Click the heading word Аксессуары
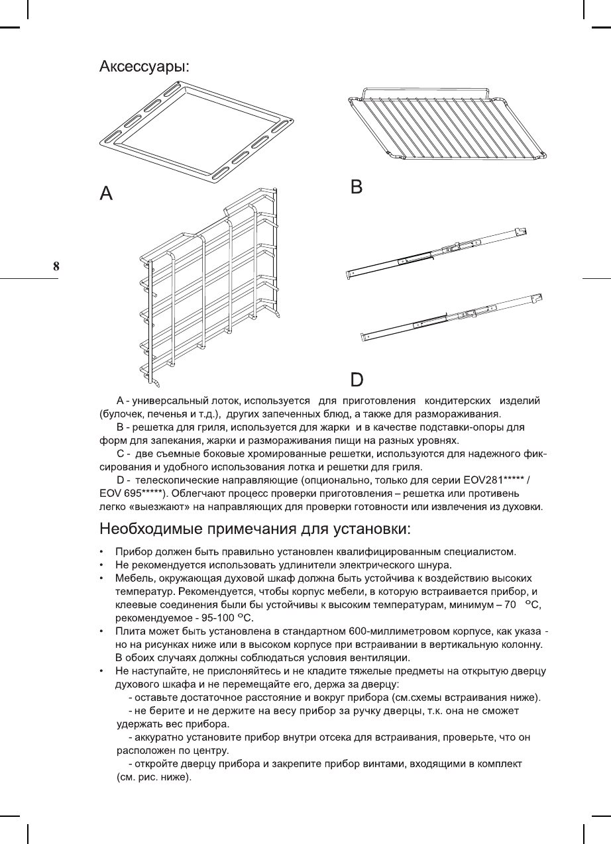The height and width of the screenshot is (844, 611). pyautogui.click(x=144, y=67)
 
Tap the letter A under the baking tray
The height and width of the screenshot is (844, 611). pyautogui.click(x=106, y=193)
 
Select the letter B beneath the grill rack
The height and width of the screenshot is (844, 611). pyautogui.click(x=357, y=187)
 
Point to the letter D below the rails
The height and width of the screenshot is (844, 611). pyautogui.click(x=357, y=380)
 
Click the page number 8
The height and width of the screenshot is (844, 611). pyautogui.click(x=56, y=267)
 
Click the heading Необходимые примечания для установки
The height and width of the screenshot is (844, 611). pyautogui.click(x=255, y=529)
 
